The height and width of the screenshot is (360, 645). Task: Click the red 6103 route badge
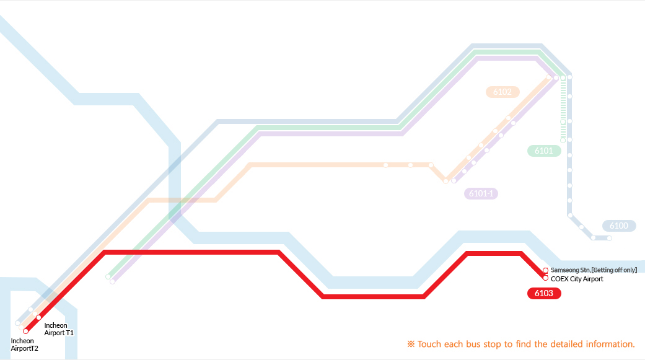pos(544,293)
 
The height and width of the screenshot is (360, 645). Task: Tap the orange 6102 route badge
pos(502,92)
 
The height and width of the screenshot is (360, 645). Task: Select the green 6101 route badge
pos(544,151)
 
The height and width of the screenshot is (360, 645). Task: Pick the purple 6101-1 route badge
pos(481,193)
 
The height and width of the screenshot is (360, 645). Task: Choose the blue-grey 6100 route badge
pos(619,226)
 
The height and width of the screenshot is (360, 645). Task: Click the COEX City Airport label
pos(577,279)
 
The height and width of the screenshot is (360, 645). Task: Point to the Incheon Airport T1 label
pos(59,329)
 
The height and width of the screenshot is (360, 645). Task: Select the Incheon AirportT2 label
pos(24,345)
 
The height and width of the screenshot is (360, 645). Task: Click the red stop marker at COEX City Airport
pos(545,278)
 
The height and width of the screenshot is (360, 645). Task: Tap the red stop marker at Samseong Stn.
pos(545,270)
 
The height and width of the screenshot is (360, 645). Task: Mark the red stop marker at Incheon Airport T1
pos(38,318)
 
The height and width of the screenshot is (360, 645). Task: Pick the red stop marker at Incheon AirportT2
pos(25,331)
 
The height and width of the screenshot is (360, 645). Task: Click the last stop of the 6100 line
pos(609,238)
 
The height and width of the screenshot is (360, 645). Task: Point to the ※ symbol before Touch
pos(411,344)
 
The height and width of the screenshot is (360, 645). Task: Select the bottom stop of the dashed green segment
pos(563,140)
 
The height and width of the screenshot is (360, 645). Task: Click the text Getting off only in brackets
pos(614,270)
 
